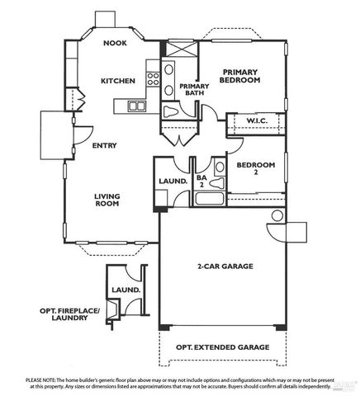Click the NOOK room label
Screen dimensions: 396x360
115,45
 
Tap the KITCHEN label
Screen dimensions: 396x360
118,81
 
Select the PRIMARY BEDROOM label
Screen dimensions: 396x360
240,76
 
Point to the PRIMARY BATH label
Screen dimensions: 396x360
195,90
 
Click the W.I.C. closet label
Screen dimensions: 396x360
261,122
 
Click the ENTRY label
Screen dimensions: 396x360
104,145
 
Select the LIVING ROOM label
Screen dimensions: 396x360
107,200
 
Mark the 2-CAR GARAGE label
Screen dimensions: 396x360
224,266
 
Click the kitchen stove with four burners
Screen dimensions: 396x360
153,79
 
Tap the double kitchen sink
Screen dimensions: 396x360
135,106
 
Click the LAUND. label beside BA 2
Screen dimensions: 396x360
172,181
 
